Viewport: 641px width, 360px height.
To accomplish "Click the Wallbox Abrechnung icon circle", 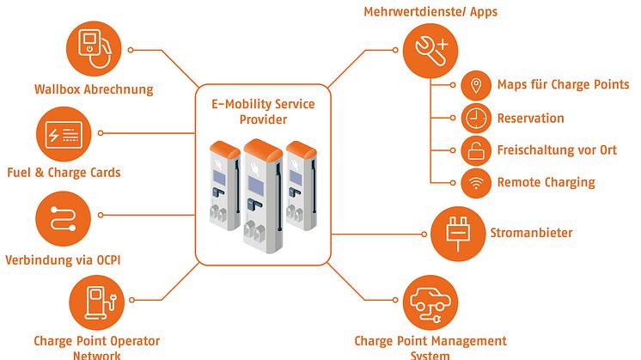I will point(95,49).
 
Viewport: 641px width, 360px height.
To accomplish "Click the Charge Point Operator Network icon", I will point(95,302).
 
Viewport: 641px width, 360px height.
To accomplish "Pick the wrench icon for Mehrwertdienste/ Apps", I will point(430,50).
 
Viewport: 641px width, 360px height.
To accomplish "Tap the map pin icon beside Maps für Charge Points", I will point(474,85).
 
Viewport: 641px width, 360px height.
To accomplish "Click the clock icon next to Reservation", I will point(474,118).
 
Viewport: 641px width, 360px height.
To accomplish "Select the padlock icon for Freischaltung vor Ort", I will point(474,149).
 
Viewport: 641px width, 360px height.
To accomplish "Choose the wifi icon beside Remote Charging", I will point(474,182).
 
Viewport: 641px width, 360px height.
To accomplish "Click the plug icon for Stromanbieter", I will point(457,233).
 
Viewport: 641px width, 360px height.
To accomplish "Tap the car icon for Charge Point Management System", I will point(430,302).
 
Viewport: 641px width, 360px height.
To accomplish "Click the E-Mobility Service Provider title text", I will point(264,112).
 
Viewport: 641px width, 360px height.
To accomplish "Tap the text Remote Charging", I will point(546,182).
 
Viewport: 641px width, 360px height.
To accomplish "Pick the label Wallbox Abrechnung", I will point(94,88).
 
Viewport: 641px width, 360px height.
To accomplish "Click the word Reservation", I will point(530,118).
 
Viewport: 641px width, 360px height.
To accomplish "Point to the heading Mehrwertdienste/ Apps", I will point(430,12).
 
